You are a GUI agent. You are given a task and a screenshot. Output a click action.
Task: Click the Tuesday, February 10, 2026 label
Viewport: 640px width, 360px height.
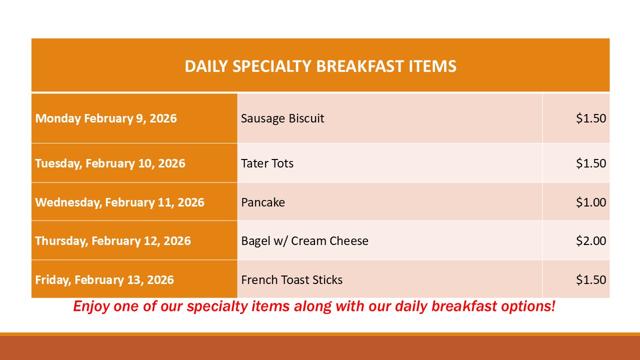coord(110,163)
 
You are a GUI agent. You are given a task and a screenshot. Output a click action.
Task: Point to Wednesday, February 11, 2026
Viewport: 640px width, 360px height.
coord(119,202)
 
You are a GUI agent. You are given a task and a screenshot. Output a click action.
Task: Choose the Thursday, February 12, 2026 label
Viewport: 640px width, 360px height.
coord(113,241)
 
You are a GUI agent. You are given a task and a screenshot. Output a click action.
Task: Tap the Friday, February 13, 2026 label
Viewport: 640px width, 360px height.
coord(104,280)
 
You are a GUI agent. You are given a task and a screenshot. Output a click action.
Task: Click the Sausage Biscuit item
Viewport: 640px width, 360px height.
coord(282,118)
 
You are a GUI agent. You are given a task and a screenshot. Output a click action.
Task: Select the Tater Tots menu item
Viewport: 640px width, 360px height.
coord(267,163)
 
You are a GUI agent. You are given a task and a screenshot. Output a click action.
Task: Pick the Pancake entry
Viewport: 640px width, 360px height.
coord(263,202)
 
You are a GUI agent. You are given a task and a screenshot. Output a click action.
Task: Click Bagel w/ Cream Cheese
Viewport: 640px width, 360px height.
coord(305,241)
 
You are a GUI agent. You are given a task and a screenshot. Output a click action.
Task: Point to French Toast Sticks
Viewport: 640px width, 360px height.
coord(291,280)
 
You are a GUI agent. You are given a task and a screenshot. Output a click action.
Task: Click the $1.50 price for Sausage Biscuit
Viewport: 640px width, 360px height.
coord(591,118)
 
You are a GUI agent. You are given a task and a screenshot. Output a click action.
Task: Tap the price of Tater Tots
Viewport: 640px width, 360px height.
coord(591,163)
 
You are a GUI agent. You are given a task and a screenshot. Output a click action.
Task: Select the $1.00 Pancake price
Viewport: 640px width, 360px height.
coord(591,202)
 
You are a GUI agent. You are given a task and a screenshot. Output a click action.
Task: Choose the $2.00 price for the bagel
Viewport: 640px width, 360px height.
coord(591,241)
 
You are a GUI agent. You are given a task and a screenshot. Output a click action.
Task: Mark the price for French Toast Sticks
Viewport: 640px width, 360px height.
coord(591,279)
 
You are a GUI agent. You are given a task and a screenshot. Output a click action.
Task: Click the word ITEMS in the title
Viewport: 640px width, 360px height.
coord(432,66)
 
